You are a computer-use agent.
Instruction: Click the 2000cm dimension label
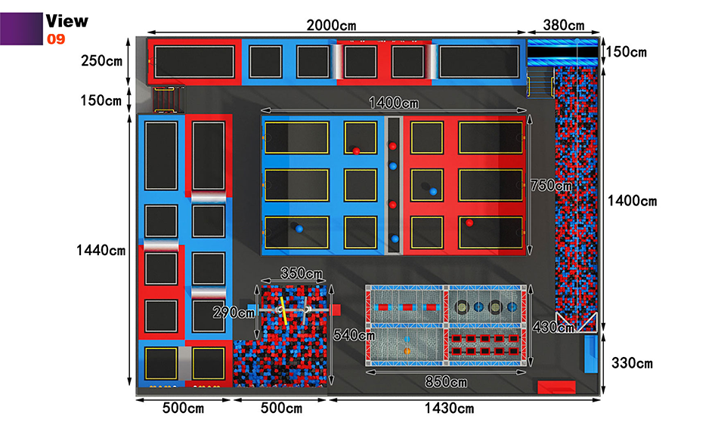[331, 25]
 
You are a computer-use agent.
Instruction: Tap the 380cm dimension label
[564, 25]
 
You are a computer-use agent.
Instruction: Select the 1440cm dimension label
[101, 250]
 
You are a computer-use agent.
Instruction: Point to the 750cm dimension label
[551, 185]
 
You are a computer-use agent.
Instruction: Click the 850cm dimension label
[446, 382]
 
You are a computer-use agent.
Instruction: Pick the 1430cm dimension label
[449, 408]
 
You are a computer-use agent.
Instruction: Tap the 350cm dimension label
[302, 273]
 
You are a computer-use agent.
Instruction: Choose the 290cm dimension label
[234, 313]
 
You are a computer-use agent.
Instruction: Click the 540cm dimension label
[354, 335]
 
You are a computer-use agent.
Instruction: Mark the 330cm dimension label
[633, 363]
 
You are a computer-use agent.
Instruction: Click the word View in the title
[67, 21]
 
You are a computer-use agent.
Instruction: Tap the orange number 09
[56, 39]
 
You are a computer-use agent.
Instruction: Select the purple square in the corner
[21, 29]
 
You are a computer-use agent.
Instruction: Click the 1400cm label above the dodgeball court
[394, 103]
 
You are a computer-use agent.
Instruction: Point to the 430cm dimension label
[553, 326]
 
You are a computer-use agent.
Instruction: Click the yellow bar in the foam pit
[283, 311]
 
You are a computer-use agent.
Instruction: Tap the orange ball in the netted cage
[407, 351]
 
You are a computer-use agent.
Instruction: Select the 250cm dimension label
[102, 60]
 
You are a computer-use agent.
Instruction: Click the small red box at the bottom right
[556, 387]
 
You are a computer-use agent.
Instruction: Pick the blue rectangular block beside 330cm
[591, 354]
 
